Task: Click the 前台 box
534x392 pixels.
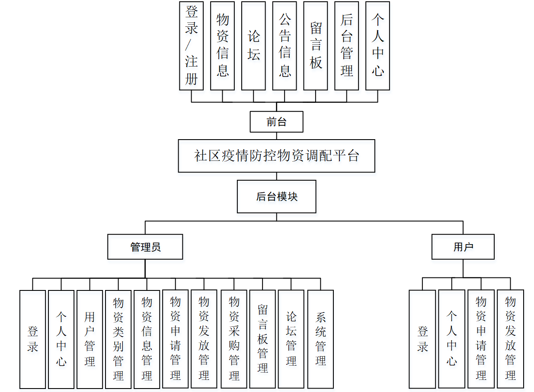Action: click(x=276, y=122)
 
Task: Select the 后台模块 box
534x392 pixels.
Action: click(x=276, y=197)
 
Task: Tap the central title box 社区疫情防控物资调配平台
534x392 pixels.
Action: click(x=276, y=156)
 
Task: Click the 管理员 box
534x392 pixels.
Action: click(x=145, y=247)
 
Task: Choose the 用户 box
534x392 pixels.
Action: click(x=463, y=247)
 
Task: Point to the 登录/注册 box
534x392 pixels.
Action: click(x=191, y=46)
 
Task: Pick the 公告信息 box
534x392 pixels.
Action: click(x=285, y=46)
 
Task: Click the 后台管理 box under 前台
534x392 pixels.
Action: click(x=346, y=46)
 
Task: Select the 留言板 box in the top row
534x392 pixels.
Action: click(x=316, y=46)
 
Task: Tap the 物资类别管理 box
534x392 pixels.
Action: click(x=118, y=339)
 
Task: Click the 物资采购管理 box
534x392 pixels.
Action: click(x=234, y=339)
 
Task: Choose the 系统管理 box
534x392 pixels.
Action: click(x=320, y=339)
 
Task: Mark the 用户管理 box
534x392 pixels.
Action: click(x=90, y=339)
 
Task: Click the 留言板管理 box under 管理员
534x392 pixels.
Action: click(x=262, y=339)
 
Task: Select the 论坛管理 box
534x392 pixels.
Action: click(x=291, y=339)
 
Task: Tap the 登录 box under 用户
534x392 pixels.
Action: click(x=422, y=339)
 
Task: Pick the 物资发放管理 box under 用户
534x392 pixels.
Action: click(x=510, y=339)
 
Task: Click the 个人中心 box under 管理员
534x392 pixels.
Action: click(x=61, y=339)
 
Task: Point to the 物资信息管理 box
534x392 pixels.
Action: click(x=147, y=339)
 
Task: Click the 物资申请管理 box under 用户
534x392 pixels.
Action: click(x=481, y=339)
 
